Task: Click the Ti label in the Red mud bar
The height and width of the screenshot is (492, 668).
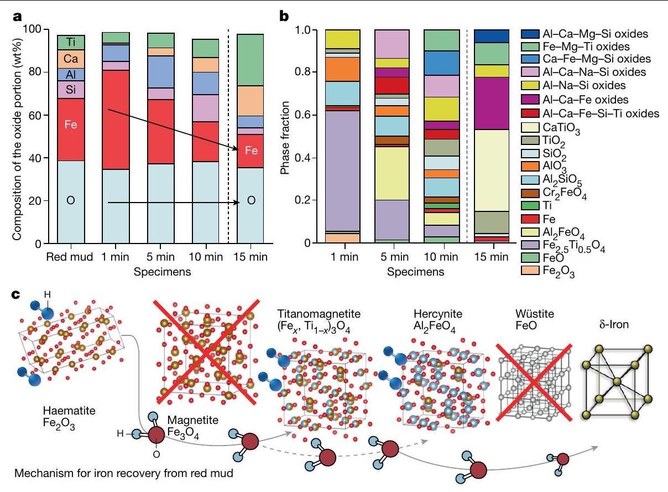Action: (x=70, y=42)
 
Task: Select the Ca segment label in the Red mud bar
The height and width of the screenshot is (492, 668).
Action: (x=70, y=59)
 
